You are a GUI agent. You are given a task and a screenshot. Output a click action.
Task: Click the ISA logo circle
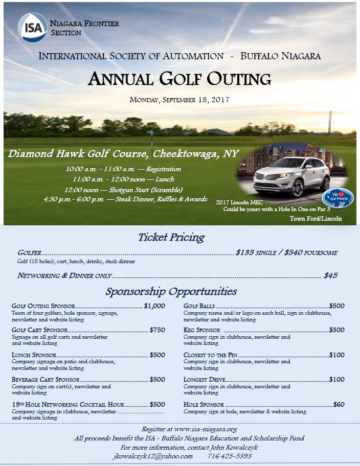click(32, 27)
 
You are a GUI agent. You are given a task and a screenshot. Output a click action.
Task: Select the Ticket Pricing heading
click(171, 237)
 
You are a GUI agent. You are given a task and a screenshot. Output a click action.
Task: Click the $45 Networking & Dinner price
click(330, 275)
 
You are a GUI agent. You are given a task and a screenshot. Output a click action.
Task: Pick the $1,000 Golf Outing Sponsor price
click(154, 306)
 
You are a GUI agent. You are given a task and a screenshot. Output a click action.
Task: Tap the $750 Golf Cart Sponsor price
click(157, 330)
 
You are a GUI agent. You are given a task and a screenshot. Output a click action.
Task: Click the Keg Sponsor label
click(202, 330)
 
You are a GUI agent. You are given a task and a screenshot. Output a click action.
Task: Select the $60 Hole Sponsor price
click(339, 404)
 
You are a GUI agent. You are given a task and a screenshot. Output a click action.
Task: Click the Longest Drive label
click(204, 380)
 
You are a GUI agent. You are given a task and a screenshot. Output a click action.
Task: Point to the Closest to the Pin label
click(211, 355)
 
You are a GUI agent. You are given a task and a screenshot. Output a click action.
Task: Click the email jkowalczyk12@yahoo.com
click(153, 456)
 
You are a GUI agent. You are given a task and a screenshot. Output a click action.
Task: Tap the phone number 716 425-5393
click(230, 456)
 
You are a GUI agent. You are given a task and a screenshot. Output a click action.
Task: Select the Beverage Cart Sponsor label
click(46, 380)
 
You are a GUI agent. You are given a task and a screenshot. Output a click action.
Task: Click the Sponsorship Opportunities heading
click(171, 291)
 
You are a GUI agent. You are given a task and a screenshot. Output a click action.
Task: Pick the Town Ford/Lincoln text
click(316, 219)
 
